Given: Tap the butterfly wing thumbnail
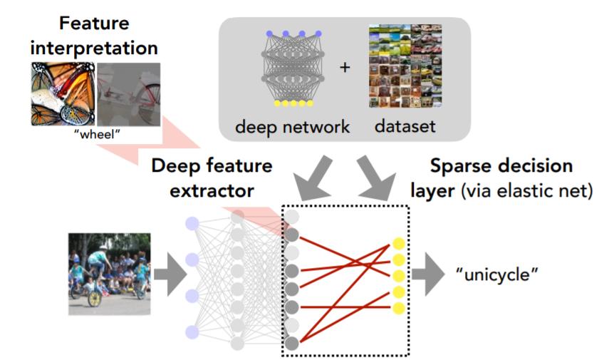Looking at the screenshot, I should (x=63, y=94).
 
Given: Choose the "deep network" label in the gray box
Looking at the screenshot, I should (x=293, y=128).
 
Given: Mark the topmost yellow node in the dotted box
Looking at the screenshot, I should (x=399, y=244).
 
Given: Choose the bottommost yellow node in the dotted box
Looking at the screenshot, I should (x=399, y=308).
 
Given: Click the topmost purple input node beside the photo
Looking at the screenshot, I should (x=192, y=223).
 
